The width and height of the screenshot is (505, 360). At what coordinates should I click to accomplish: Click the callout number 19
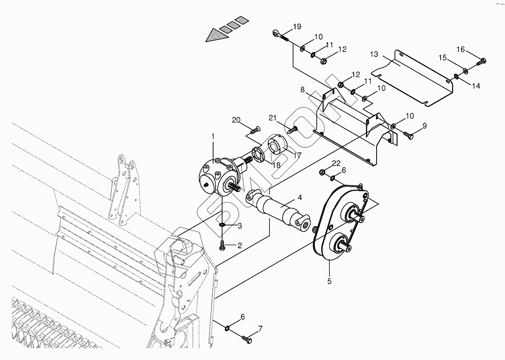pos(297,27)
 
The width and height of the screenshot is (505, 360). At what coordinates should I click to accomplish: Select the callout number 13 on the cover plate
pos(374,54)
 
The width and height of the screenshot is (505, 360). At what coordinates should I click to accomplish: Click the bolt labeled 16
pos(481,62)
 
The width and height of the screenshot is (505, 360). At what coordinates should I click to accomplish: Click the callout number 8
pos(303,89)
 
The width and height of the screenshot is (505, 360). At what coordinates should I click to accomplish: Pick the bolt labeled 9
pos(408,135)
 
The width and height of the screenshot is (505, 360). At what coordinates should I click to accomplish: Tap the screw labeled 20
pos(254,130)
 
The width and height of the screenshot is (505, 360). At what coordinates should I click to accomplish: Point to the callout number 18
pos(277,165)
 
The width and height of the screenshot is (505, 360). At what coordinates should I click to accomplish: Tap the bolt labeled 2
pos(223,246)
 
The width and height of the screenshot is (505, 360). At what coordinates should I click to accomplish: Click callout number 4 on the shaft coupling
pos(300,198)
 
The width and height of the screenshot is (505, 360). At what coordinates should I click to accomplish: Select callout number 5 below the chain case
pos(329,281)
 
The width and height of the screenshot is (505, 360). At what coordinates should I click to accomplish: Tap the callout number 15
pos(443,58)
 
